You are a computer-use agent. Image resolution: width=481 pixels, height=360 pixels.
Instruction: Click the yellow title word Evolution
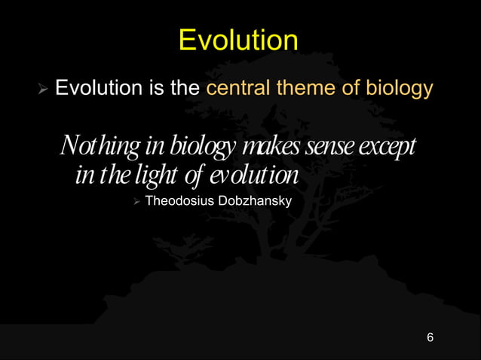click(x=238, y=41)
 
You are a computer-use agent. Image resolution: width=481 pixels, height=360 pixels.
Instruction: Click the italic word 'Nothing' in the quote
click(x=93, y=145)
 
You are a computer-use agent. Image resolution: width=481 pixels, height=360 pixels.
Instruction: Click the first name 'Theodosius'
click(x=179, y=201)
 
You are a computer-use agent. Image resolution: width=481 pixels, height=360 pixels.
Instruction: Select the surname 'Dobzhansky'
click(x=253, y=201)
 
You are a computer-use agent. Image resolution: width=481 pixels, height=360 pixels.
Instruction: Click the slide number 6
click(x=430, y=337)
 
